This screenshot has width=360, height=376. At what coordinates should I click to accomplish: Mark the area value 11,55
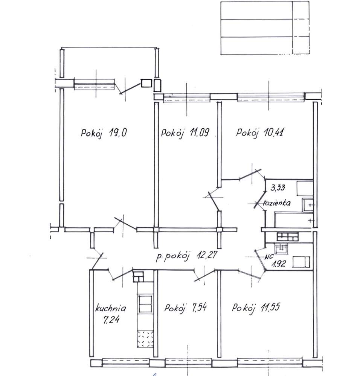tap(271, 308)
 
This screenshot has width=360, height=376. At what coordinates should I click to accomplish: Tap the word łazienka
tap(277, 203)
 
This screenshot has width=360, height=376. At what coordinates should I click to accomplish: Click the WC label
tap(268, 257)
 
